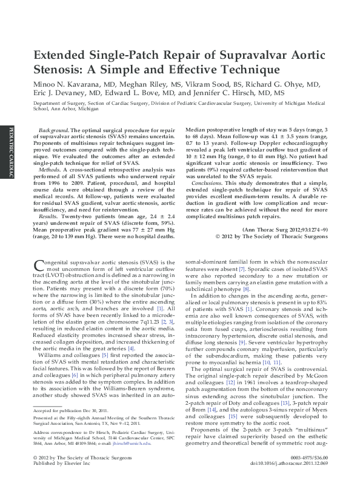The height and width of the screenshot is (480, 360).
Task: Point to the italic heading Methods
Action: [x=50, y=172]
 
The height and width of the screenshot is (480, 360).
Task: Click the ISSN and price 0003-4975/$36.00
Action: [x=308, y=457]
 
